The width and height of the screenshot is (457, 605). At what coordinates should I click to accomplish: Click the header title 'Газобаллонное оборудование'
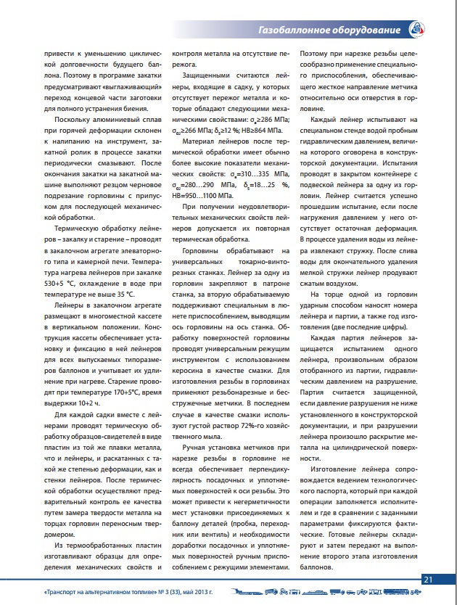(329, 30)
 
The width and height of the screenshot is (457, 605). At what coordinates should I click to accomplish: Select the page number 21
(428, 578)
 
